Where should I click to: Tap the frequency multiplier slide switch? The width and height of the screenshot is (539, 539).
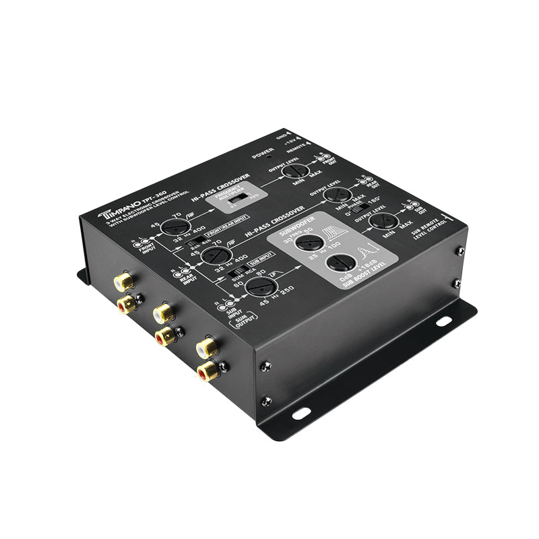tap(237, 199)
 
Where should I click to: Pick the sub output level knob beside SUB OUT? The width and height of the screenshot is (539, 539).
tap(386, 222)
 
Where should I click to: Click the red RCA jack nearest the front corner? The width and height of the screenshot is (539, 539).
tap(208, 370)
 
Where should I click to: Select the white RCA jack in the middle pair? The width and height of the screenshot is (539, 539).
tap(163, 313)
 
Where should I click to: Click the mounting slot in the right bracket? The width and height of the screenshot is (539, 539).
tap(443, 321)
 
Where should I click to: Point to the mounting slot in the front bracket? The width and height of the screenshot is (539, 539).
tap(300, 412)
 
